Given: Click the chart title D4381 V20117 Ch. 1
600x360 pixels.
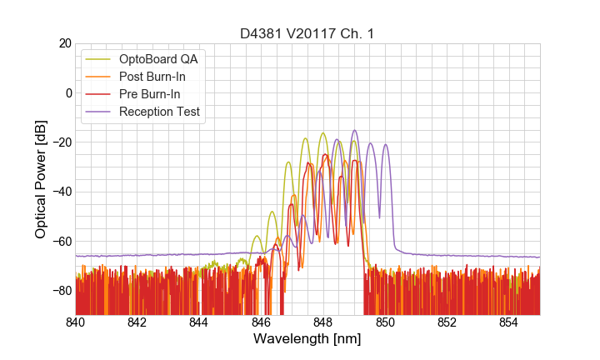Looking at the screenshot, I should point(307,34).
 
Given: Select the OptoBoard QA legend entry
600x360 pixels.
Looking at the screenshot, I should point(159,59).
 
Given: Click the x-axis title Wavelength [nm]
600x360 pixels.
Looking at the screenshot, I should point(307,340).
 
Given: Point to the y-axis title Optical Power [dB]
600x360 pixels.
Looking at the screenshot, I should point(41,179).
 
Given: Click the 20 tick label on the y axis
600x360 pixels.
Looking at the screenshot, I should point(64,43).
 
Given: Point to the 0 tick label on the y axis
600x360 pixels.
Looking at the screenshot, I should point(67,92).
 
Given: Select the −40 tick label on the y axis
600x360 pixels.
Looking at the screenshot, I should point(60,192).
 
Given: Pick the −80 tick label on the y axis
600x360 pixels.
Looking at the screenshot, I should point(60,291).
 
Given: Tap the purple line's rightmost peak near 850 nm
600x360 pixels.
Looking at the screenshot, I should point(385,145).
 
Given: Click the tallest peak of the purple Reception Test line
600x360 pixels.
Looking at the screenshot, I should point(354,130).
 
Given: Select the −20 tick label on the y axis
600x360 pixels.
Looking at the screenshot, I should point(60,142).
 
